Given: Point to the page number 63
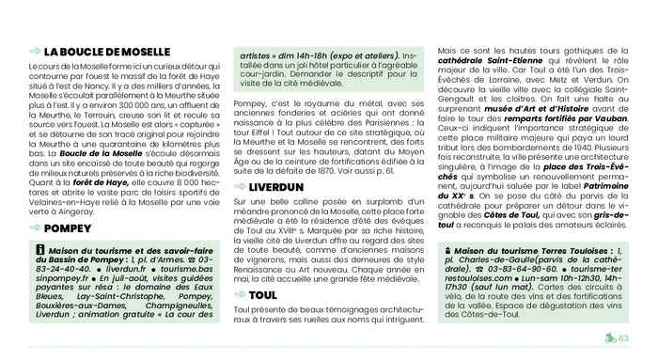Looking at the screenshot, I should [x=622, y=339].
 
